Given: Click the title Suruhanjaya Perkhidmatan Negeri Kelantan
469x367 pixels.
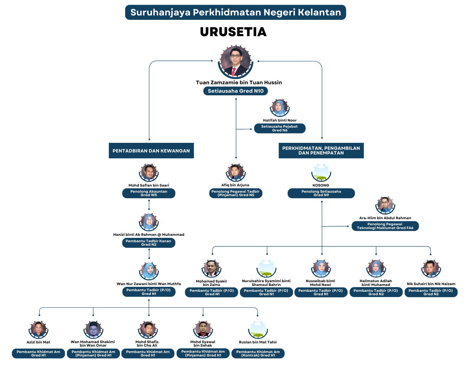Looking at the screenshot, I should tap(236, 12).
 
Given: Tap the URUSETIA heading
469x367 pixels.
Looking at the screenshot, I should tap(233, 32).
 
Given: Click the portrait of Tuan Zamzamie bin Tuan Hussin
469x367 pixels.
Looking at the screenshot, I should tap(236, 62).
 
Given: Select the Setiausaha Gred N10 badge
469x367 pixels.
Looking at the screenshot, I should tap(236, 91).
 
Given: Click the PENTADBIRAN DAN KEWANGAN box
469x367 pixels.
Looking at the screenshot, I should tap(151, 151).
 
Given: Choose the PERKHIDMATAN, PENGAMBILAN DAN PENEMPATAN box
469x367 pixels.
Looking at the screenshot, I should tap(321, 150).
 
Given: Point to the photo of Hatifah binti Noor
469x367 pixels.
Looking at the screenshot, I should tap(279, 108).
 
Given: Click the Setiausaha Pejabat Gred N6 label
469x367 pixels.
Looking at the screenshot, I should tap(279, 128).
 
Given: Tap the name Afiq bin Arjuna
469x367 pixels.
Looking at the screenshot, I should tap(235, 185).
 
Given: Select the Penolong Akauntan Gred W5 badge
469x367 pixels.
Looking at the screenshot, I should tap(149, 193).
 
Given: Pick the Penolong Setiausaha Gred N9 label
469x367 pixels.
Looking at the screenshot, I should tap(321, 193).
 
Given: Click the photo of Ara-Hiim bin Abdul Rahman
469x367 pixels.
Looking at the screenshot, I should tap(385, 205).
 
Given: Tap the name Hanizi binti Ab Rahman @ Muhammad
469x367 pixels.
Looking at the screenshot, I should tap(149, 235).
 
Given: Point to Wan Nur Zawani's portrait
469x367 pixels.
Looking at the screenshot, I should tap(149, 271).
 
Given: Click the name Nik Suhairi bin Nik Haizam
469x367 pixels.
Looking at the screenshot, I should tap(431, 284).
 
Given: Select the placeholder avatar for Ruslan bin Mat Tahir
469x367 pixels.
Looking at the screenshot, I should tap(258, 329).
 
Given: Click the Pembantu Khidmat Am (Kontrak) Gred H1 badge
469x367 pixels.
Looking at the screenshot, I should tap(258, 354).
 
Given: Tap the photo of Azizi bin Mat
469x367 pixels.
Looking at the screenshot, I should tap(38, 329).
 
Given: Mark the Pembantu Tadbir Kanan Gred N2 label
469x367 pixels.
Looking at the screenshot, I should tap(149, 243).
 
